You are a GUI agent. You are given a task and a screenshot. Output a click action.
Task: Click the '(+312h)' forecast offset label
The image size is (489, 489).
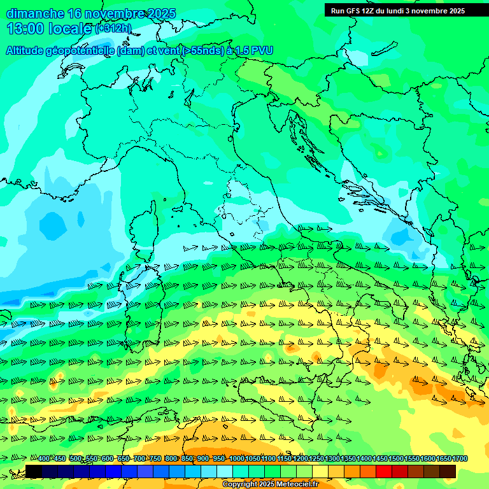click(x=113, y=29)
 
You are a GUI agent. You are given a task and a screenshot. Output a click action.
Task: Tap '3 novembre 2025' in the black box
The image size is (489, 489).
click(x=436, y=11)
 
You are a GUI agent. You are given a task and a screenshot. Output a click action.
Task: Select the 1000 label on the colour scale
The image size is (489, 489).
click(x=237, y=459)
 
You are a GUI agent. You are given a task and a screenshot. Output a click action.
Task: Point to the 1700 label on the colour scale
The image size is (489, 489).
click(x=460, y=459)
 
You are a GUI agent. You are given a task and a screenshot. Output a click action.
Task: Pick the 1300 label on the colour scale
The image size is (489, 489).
click(x=332, y=459)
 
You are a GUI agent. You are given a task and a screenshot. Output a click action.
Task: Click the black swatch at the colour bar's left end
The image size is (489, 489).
click(x=34, y=471)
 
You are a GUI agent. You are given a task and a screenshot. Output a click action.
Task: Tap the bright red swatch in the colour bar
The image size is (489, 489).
click(x=384, y=471)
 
